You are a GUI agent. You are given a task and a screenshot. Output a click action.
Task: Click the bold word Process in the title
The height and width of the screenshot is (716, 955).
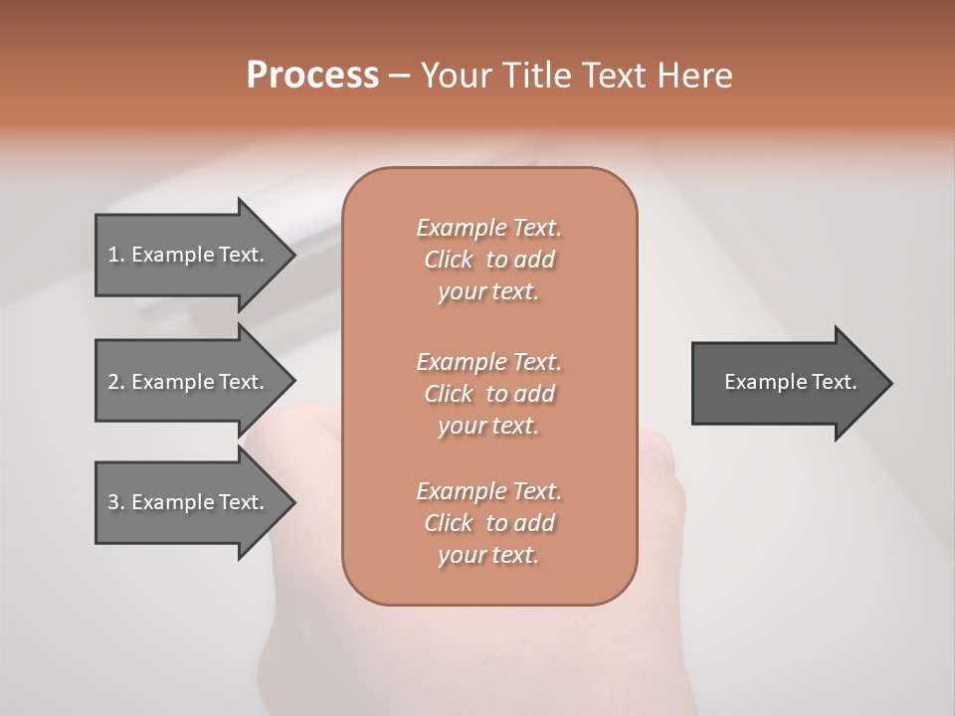[312, 76]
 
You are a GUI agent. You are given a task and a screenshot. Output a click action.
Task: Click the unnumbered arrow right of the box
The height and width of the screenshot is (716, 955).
[786, 382]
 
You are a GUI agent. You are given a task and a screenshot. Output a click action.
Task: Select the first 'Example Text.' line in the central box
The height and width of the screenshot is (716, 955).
[488, 228]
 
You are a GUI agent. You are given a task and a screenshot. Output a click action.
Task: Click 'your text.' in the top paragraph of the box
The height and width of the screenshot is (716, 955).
[488, 292]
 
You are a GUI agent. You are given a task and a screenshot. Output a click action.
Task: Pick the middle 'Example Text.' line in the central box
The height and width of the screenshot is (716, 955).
[488, 362]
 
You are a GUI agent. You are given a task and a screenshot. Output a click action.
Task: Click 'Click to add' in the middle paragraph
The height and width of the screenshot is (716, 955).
[488, 394]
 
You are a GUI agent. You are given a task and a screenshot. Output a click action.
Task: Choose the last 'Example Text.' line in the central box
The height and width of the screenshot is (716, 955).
[488, 491]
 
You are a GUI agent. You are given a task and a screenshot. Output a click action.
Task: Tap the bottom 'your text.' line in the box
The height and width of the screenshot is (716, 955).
[488, 556]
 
